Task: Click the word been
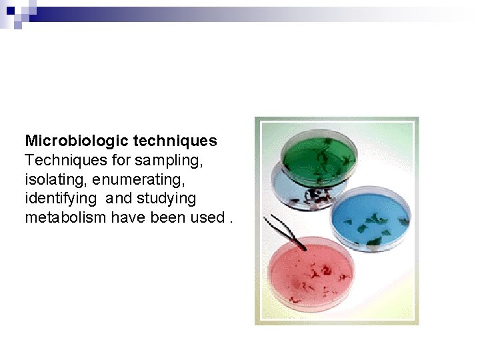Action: [x=165, y=218]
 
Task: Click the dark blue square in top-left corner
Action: [x=10, y=11]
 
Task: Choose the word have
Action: [x=129, y=218]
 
